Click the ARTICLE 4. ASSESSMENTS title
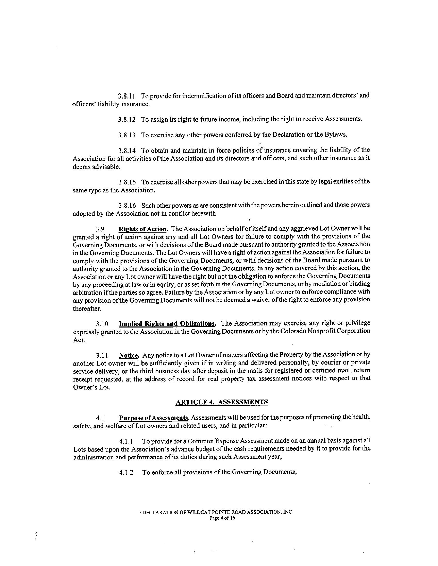222,402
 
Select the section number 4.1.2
126,472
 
